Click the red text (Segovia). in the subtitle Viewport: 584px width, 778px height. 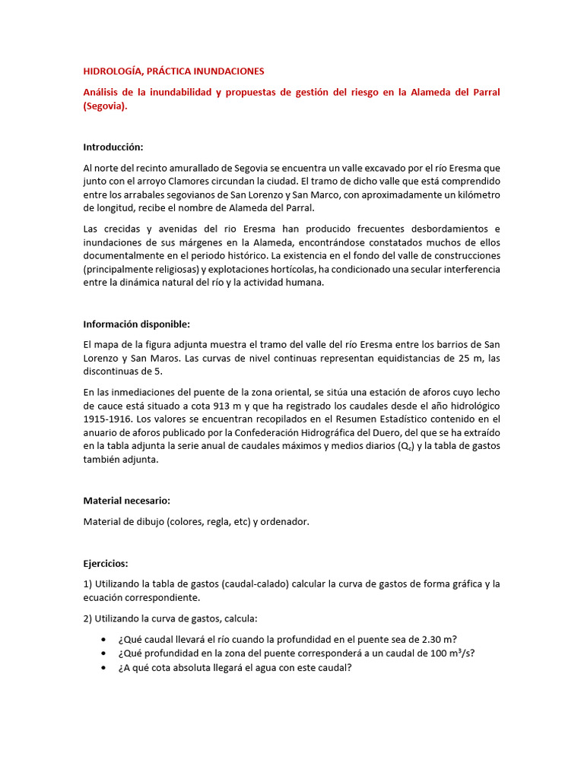coord(106,107)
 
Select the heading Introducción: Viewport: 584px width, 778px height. coord(113,147)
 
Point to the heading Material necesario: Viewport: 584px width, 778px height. coord(126,501)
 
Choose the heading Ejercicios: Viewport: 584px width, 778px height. coord(106,564)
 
